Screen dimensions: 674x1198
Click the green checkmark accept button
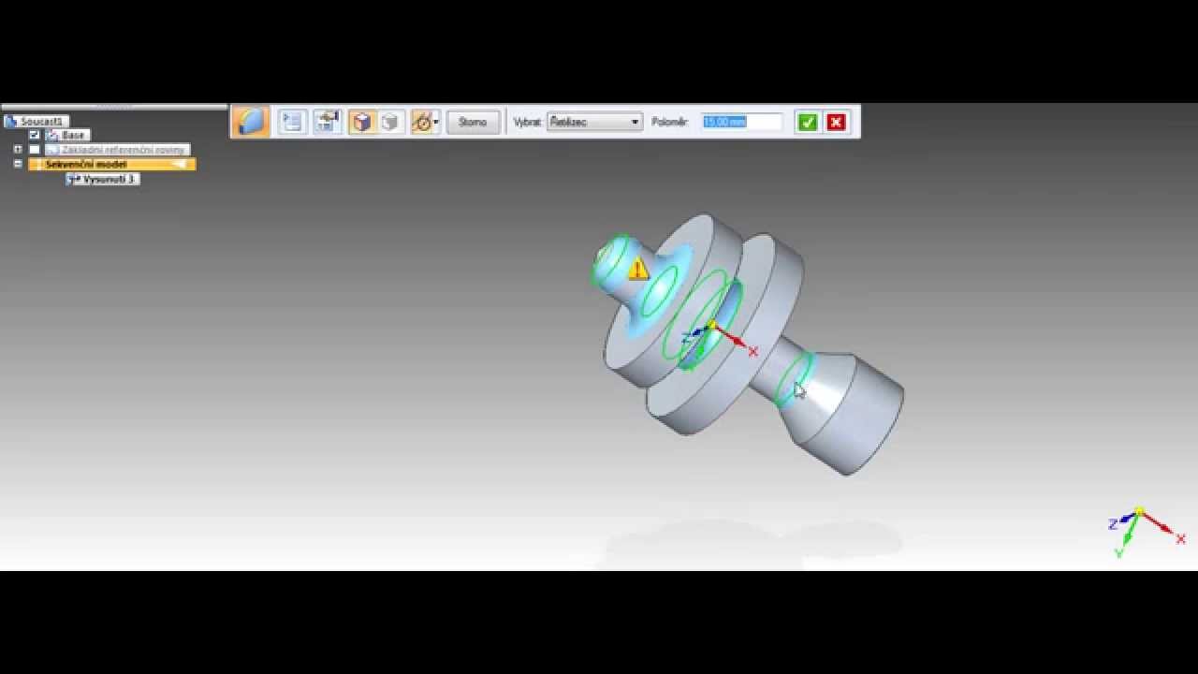pos(807,122)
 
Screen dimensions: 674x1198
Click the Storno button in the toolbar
pos(473,122)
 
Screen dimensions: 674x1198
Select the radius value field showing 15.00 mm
pos(740,122)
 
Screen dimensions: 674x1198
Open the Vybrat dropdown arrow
pos(635,122)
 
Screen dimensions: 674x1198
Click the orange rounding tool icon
pos(250,122)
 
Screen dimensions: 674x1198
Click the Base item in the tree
pos(73,135)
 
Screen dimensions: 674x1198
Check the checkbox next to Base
pos(35,135)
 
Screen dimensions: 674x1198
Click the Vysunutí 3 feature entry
pos(109,179)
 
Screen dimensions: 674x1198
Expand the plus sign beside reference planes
pos(18,149)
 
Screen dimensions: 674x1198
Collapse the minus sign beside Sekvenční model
pos(18,164)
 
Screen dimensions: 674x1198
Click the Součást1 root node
pos(41,121)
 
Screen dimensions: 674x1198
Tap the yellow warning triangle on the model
pos(638,270)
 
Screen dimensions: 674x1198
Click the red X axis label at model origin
pos(753,351)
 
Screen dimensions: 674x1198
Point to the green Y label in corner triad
pos(1118,552)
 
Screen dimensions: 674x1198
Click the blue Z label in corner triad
pos(1113,524)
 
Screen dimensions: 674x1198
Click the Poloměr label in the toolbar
pos(670,122)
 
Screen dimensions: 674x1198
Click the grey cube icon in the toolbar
pos(389,122)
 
